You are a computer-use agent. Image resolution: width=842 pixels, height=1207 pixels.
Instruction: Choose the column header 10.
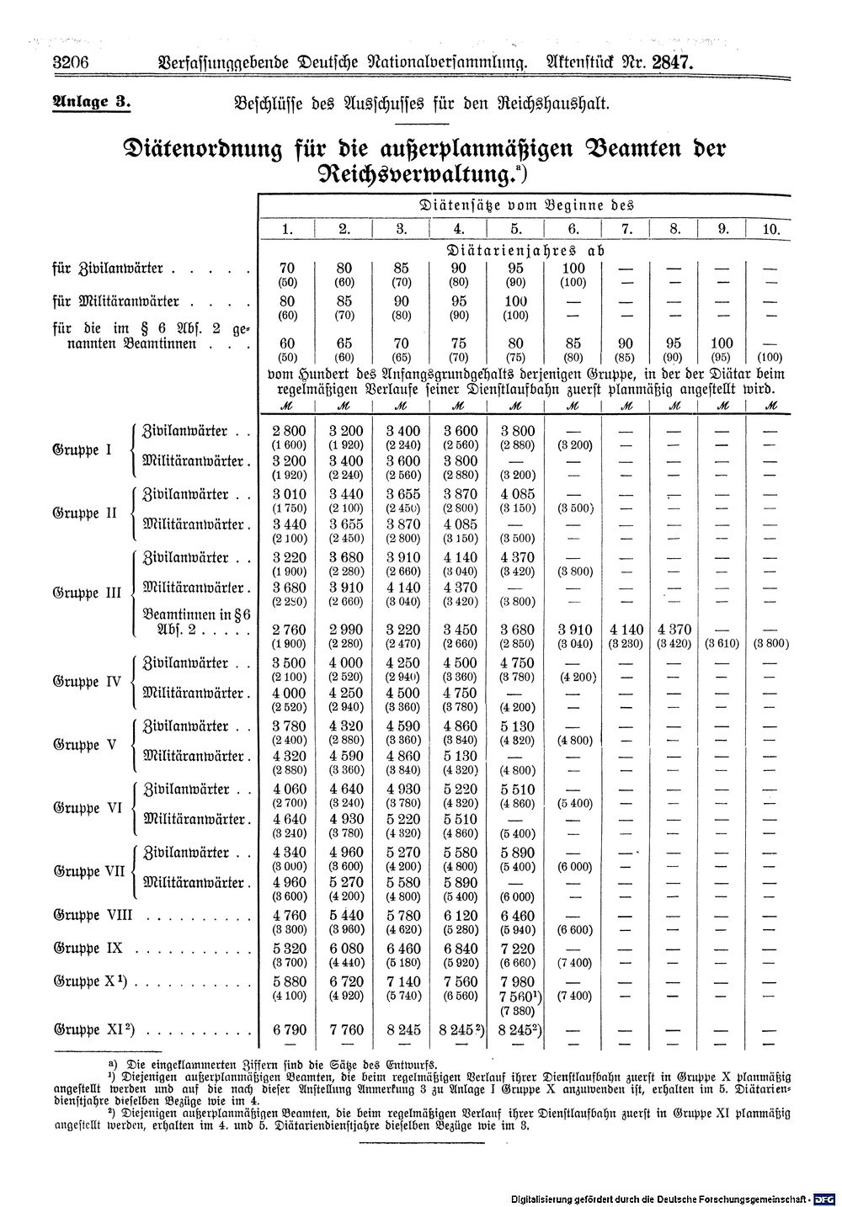(771, 229)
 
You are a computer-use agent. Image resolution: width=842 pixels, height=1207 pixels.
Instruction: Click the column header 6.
(573, 229)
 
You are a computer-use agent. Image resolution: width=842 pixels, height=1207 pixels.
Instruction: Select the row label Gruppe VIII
(93, 916)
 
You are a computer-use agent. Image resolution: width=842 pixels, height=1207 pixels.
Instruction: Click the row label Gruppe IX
(88, 948)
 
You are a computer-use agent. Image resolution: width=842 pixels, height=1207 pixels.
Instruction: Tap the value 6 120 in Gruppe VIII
(459, 917)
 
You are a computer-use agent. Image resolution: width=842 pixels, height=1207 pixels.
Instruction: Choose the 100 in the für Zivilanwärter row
(573, 269)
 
